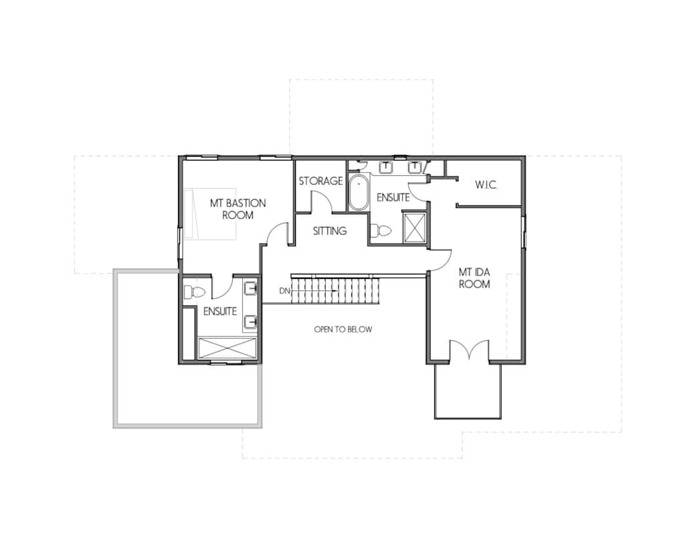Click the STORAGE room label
[321, 181]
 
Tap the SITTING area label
[330, 231]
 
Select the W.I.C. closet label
[487, 185]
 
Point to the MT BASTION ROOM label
[238, 209]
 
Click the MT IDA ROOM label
[474, 278]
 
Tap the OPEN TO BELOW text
[343, 329]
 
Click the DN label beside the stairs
[284, 291]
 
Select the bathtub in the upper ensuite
[358, 192]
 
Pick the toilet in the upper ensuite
[381, 230]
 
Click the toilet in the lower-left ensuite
[194, 292]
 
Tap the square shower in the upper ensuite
[414, 228]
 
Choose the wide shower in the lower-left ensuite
[228, 347]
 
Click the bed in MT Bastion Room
[209, 214]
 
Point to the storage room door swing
[322, 201]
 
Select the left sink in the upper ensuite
[386, 167]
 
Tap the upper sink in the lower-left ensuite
[251, 288]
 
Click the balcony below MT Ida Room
[468, 391]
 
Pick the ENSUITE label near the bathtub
[394, 197]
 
